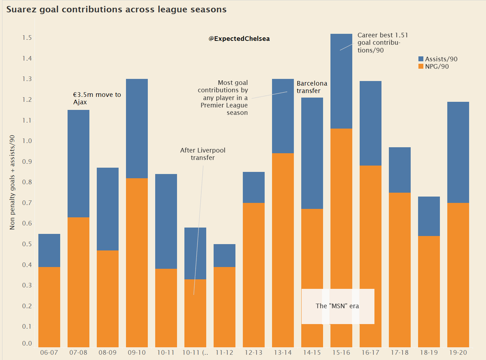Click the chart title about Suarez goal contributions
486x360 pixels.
[116, 9]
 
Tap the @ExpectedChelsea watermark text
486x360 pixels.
[239, 39]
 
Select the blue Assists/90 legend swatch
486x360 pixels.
[421, 59]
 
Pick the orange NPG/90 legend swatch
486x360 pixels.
[421, 66]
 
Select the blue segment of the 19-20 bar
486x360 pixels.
[458, 152]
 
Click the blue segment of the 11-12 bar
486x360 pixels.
[224, 255]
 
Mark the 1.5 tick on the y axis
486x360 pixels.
[27, 38]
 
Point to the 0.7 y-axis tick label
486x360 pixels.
[27, 203]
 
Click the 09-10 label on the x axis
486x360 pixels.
[137, 353]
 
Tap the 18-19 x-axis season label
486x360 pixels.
[429, 353]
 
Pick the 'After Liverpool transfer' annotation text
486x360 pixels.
[203, 154]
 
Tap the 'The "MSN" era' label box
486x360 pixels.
[337, 306]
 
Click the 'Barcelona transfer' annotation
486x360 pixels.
[312, 87]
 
